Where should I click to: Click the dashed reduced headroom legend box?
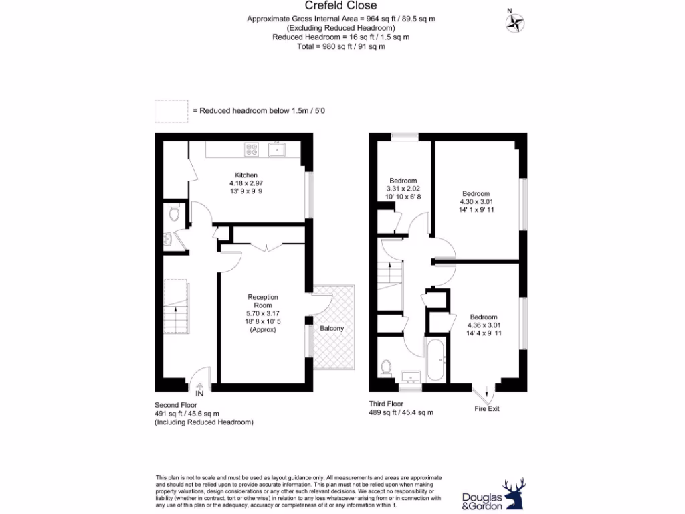pyautogui.click(x=171, y=110)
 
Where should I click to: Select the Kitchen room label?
pyautogui.click(x=246, y=175)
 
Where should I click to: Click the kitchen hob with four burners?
pyautogui.click(x=252, y=150)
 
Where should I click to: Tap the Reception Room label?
pyautogui.click(x=263, y=301)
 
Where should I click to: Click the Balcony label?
pyautogui.click(x=332, y=329)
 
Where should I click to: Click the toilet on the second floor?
pyautogui.click(x=173, y=213)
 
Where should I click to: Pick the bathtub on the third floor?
pyautogui.click(x=435, y=359)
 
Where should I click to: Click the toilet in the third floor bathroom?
pyautogui.click(x=385, y=368)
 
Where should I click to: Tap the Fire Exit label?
pyautogui.click(x=487, y=408)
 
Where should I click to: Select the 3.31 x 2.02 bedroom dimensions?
pyautogui.click(x=403, y=189)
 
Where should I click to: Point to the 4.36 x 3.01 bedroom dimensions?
pyautogui.click(x=483, y=325)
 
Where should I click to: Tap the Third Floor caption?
pyautogui.click(x=387, y=404)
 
